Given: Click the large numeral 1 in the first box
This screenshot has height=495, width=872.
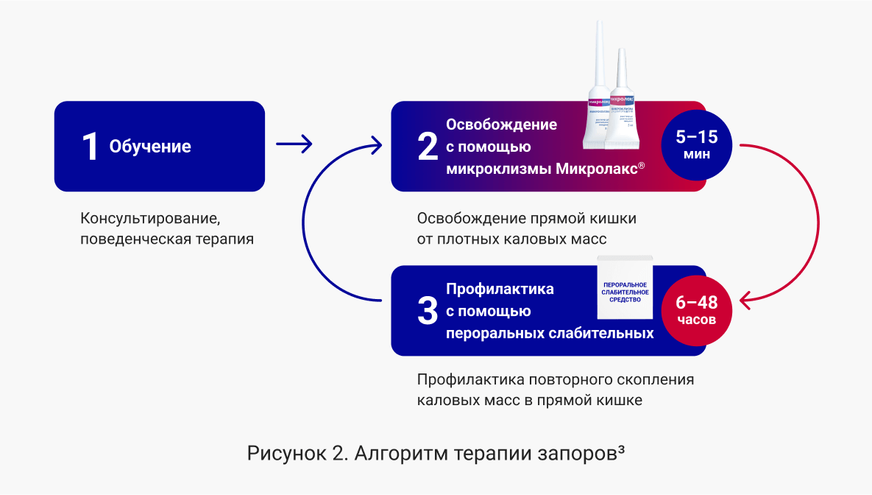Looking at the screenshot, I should point(90,147).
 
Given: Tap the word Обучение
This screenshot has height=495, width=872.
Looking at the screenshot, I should point(150,147).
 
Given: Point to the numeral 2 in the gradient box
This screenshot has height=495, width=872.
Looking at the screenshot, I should point(428,147).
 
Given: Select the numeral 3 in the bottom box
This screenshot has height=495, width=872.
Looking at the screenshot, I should point(428,311).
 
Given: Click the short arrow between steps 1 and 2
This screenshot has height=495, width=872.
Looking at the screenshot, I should point(294,144).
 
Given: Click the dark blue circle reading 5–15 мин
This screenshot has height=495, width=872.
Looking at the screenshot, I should point(696,145).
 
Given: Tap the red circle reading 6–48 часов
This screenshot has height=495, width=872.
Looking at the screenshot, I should point(696,310).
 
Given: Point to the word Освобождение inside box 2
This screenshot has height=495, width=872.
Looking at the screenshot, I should point(501,124).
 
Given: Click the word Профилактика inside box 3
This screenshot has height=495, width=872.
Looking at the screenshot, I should point(500,289).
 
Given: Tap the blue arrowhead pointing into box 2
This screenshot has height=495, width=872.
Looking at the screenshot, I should point(376,144).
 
